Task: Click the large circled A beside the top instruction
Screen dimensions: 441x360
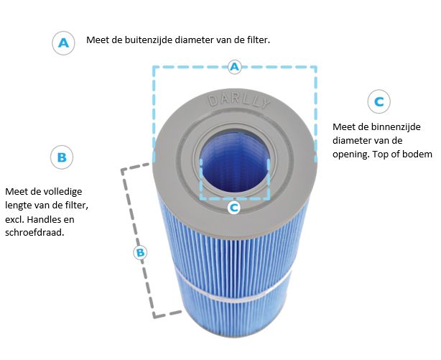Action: (x=63, y=43)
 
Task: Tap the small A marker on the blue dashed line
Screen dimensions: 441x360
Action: (x=234, y=67)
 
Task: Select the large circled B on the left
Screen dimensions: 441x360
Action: (x=62, y=157)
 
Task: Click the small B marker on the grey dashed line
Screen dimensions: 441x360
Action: (x=140, y=252)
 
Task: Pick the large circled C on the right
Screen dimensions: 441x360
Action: (x=379, y=101)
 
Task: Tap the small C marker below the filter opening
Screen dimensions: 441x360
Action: (x=234, y=208)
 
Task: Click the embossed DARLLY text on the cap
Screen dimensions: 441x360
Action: (x=238, y=101)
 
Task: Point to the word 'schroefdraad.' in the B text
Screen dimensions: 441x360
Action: (x=34, y=233)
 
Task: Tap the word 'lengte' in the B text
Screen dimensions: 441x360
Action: (x=19, y=206)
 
